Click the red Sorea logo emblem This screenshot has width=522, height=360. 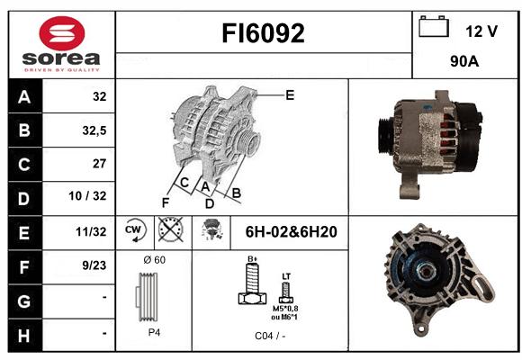coord(62,33)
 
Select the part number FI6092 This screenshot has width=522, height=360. coord(263,33)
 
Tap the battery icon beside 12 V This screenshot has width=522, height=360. coord(434,26)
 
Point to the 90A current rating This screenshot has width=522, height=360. coord(464,61)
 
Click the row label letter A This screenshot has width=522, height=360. coord(24,96)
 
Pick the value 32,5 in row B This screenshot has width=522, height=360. coord(94,130)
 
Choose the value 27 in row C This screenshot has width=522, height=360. coord(100,164)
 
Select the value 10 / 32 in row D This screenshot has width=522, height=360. coord(87,196)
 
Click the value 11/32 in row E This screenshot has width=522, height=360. coord(91,231)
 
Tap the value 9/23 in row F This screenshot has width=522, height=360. coord(94,265)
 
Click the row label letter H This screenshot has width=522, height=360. coord(24,336)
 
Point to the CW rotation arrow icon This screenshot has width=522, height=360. coord(134,229)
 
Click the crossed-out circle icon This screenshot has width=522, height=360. coord(171,229)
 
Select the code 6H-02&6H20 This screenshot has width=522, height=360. coord(292,232)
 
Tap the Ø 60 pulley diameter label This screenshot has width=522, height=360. coord(155,260)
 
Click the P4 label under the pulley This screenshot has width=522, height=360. coord(154,332)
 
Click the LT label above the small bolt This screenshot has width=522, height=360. coord(286,276)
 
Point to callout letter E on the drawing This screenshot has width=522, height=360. coord(290,95)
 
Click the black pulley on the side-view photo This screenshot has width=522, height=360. coord(386,135)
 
